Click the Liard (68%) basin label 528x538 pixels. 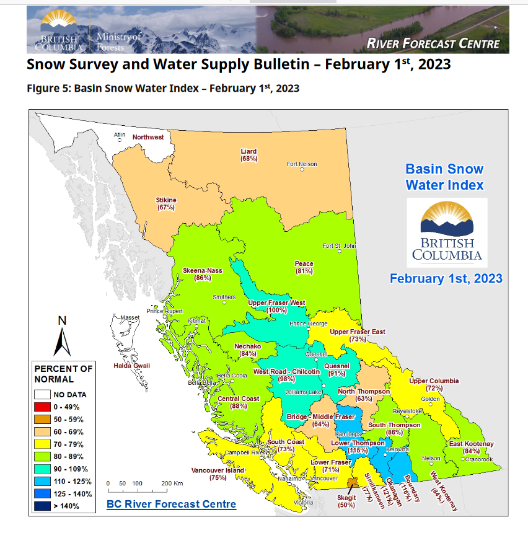[249, 155]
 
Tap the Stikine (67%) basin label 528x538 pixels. [166, 203]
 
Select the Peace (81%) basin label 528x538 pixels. [304, 267]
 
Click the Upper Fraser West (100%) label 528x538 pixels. [276, 306]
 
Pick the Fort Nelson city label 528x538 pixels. [302, 164]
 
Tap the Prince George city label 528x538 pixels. [308, 324]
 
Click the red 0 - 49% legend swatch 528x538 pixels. [43, 407]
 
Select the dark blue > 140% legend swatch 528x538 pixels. [43, 506]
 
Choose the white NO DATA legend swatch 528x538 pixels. [43, 394]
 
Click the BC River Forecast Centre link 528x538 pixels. [171, 504]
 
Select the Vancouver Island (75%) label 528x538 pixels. [218, 474]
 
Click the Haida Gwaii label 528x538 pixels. [131, 366]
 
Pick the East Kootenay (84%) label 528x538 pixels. [471, 448]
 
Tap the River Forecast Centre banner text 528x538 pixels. [433, 43]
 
